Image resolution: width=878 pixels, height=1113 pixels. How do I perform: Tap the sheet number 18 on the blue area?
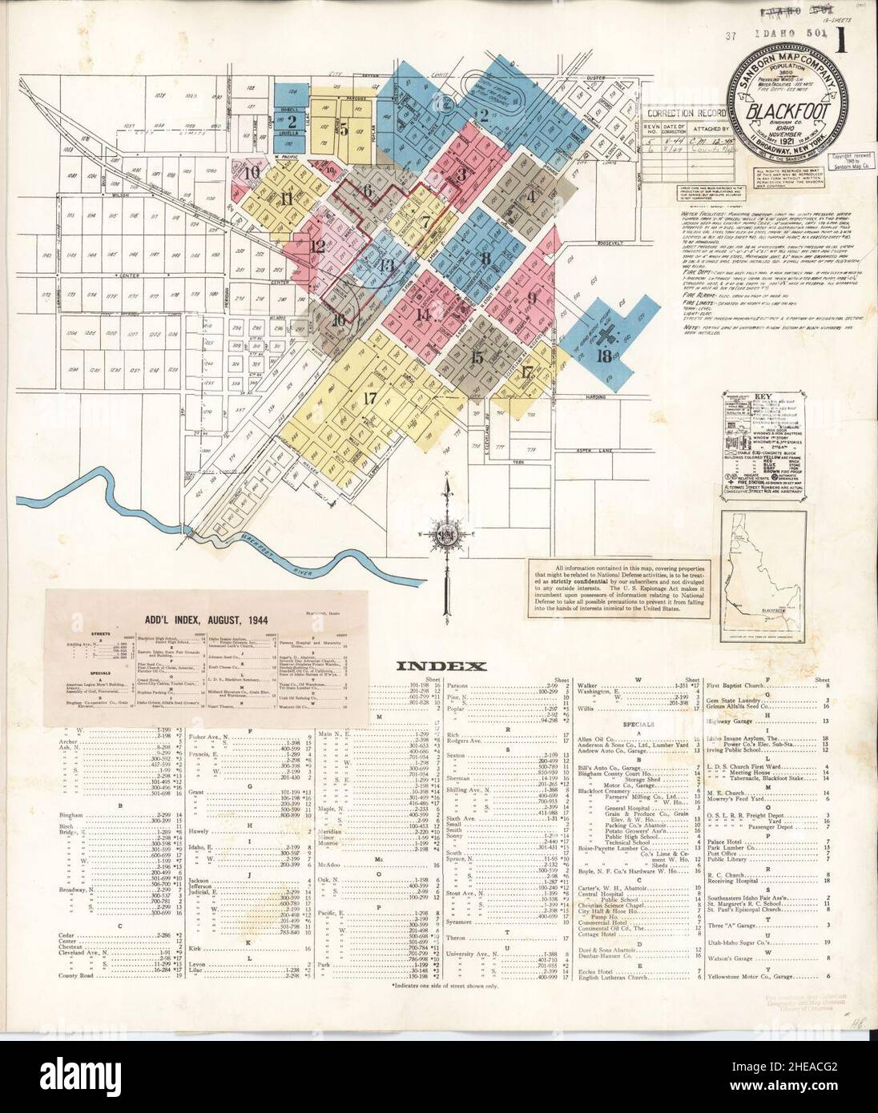[x=605, y=356]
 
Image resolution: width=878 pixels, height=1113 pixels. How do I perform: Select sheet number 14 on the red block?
[x=422, y=315]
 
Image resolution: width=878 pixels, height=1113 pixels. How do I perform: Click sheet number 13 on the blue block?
[x=387, y=266]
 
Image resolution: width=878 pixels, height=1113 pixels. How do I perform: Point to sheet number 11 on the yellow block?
[x=288, y=200]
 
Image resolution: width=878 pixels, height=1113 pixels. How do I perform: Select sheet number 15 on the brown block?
[x=477, y=358]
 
